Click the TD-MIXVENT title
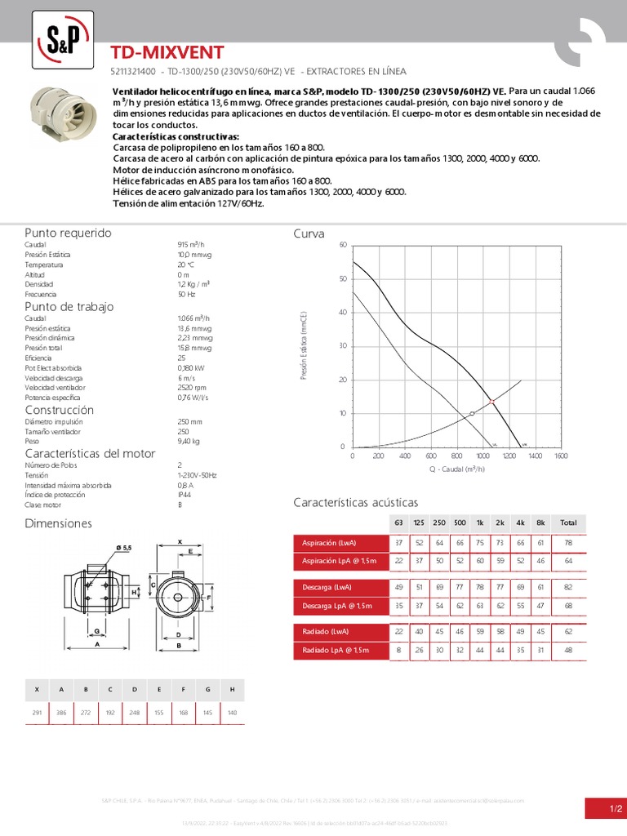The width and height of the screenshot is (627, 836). (167, 53)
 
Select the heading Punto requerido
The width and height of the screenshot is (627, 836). (68, 233)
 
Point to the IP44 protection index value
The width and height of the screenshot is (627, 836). (184, 495)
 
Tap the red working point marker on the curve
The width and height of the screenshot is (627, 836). (491, 402)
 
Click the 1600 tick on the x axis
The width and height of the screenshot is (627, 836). (561, 456)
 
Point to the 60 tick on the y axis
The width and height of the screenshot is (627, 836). (343, 245)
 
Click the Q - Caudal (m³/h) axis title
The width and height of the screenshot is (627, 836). (456, 469)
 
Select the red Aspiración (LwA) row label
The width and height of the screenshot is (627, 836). (329, 543)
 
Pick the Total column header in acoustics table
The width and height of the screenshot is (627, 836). (568, 522)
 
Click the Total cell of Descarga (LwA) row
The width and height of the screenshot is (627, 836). (568, 586)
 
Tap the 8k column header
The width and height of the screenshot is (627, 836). (540, 522)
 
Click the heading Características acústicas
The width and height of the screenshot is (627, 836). (355, 502)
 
